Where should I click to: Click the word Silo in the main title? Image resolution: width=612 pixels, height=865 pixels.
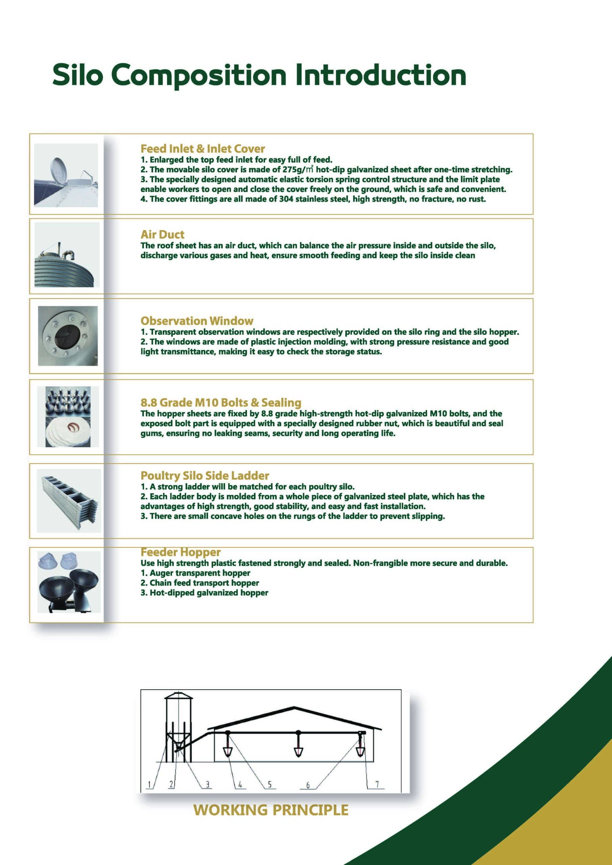click(77, 75)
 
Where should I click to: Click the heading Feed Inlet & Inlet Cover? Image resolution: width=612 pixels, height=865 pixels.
click(203, 148)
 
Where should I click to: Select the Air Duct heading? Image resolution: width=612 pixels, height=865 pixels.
click(163, 234)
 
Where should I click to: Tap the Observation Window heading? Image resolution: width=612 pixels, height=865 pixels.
click(197, 321)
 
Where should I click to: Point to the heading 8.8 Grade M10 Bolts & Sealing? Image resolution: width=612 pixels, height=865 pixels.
click(221, 402)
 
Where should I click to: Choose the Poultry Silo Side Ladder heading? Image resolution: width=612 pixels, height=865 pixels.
click(205, 475)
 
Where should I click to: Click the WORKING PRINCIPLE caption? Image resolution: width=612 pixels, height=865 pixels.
click(271, 810)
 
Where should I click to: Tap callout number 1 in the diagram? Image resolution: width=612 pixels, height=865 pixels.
click(149, 784)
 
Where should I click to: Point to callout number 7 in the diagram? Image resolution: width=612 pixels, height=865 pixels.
click(377, 784)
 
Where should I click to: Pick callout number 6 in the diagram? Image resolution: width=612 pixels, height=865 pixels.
click(308, 785)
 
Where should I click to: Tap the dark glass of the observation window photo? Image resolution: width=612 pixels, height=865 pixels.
click(68, 335)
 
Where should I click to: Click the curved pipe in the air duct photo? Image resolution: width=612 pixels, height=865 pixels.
click(69, 254)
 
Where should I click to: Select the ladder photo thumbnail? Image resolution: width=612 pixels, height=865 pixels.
click(69, 501)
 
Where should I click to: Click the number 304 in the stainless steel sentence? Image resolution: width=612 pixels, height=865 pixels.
click(286, 199)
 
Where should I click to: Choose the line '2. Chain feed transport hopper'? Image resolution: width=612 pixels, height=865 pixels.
click(200, 583)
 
